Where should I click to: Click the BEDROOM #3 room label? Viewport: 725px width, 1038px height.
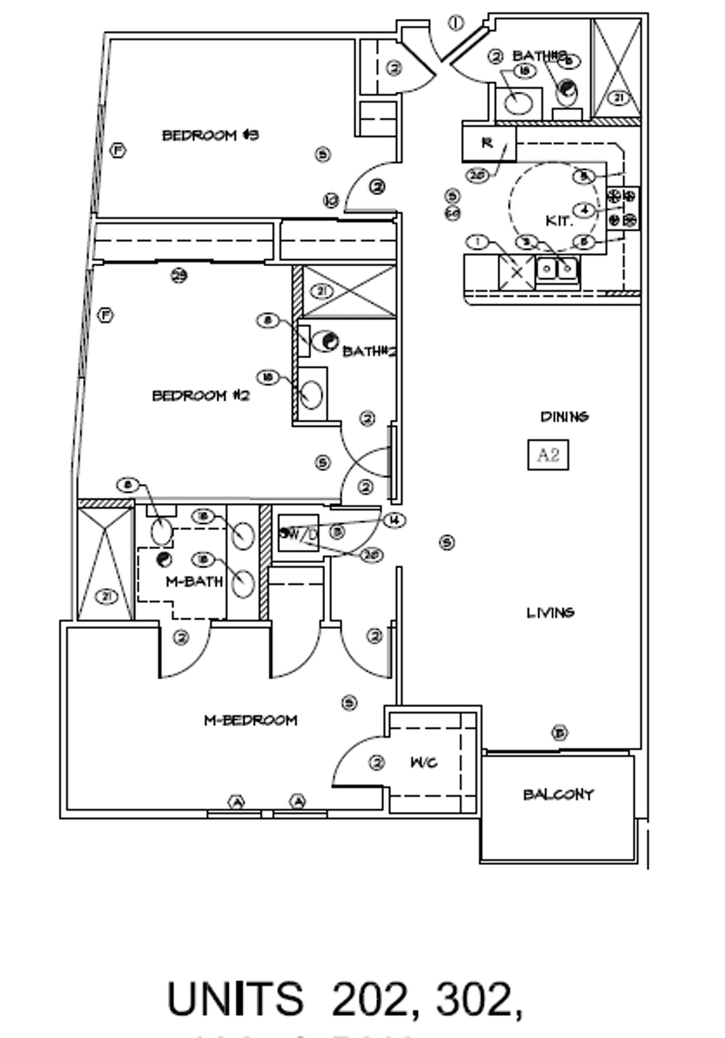point(210,135)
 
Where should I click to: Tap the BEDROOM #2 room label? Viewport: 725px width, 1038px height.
point(201,395)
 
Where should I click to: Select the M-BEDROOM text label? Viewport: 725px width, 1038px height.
point(250,720)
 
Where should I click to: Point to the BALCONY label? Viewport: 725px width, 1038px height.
point(558,794)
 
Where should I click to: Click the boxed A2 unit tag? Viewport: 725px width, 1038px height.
point(548,455)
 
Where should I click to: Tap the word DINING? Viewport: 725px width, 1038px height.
point(564,417)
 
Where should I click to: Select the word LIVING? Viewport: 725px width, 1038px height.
point(550,613)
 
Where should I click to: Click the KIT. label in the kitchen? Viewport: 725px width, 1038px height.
point(559,221)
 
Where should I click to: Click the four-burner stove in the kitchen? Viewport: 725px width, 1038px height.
point(623,208)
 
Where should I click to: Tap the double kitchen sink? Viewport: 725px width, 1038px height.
point(557,269)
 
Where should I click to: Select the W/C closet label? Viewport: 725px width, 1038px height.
point(424,762)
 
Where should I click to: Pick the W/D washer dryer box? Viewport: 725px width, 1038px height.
point(299,534)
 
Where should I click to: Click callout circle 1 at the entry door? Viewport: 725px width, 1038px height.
point(456,23)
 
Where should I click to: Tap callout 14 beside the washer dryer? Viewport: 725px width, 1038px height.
point(395,520)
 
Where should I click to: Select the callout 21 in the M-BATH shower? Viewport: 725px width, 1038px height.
point(106,597)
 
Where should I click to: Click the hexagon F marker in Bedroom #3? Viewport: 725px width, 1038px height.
point(118,151)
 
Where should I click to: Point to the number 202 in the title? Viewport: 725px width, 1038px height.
point(369,999)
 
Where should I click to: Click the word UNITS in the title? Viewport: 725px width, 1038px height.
point(235,999)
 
